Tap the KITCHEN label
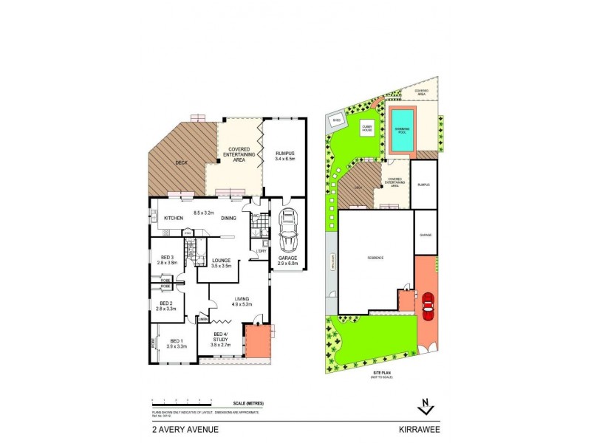(x=174, y=218)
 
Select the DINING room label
(x=228, y=218)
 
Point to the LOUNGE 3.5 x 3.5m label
(x=222, y=262)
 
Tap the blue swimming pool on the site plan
(x=402, y=131)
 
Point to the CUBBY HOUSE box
(x=367, y=128)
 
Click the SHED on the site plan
(x=336, y=118)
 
